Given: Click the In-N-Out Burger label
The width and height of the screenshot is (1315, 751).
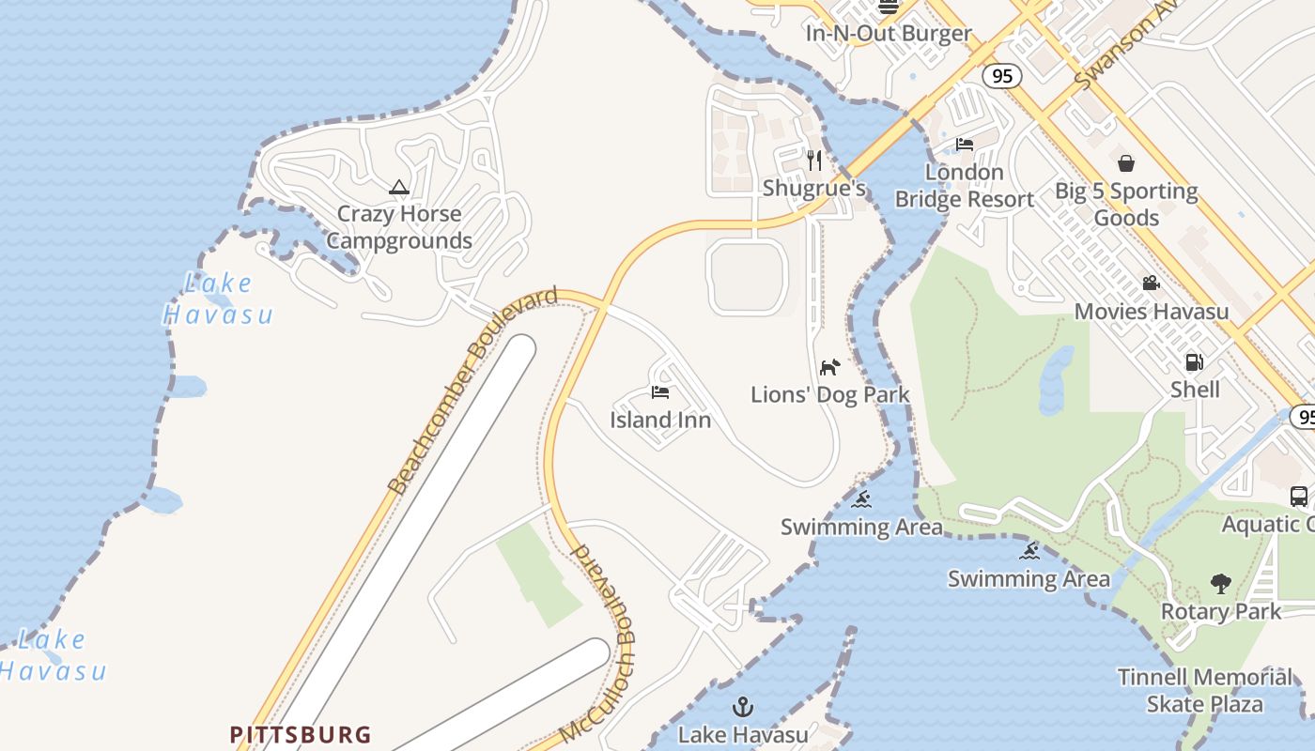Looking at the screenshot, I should point(889,34).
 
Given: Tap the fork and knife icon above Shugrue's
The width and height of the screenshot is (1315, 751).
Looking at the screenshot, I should point(814,161).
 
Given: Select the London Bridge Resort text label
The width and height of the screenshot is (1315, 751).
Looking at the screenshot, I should point(964,186).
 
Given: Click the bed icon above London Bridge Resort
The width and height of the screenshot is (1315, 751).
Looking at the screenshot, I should point(965,145).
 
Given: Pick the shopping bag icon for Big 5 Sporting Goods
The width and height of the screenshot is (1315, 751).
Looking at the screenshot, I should point(1126,163).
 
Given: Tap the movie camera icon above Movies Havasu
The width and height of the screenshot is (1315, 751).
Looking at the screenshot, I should point(1151,284).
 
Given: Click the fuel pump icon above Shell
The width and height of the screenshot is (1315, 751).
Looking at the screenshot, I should point(1195,361).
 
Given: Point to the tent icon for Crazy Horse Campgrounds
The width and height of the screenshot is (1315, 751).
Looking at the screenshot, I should point(399,188).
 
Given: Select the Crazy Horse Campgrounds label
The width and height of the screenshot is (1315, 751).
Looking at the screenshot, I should point(399,227).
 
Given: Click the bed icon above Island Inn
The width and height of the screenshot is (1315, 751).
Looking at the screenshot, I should point(660,392).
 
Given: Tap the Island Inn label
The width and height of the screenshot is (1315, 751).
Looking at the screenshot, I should point(660,420).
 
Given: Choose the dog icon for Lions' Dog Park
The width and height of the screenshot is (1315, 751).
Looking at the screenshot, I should point(829,366).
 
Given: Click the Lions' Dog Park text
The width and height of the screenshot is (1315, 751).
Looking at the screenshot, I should point(830,394).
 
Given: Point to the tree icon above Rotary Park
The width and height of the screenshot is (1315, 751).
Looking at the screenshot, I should point(1221,584).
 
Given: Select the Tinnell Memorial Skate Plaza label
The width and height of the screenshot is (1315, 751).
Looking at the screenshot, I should point(1205,690).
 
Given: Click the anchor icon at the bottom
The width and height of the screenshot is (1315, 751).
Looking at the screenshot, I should point(743,706).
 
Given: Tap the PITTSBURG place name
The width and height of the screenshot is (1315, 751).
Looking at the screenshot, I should point(302,734).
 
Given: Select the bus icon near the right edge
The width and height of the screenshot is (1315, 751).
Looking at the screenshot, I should point(1299,497).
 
